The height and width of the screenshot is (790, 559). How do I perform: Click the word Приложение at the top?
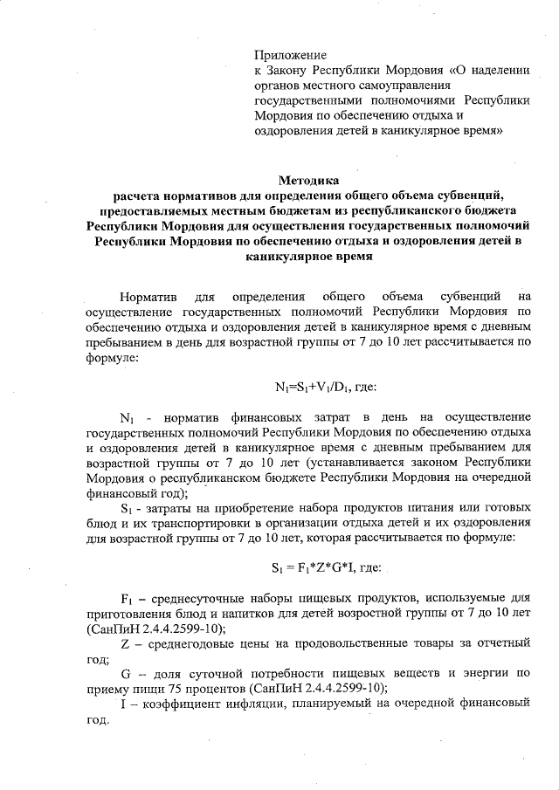click(x=287, y=55)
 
